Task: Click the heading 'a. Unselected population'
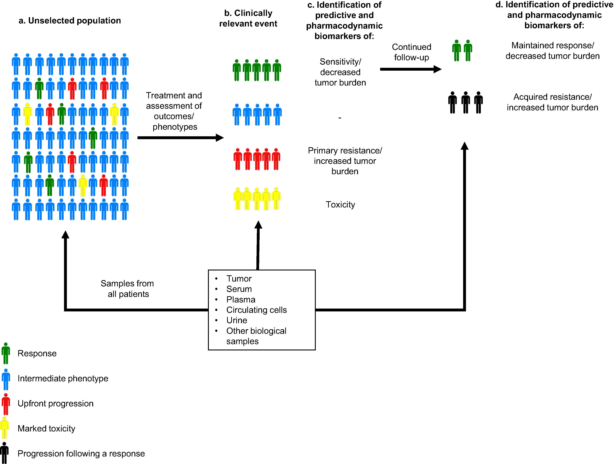tap(70, 21)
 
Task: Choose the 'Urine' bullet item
tap(237, 320)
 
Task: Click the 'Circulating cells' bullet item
tap(256, 310)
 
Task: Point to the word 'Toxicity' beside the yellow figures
tap(340, 205)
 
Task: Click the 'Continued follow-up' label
tap(412, 52)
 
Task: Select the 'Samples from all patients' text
tap(127, 289)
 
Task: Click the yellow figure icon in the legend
tap(4, 428)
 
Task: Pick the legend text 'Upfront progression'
tap(55, 404)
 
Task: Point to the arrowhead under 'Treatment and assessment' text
tap(220, 138)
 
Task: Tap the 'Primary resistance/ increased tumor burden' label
tap(345, 161)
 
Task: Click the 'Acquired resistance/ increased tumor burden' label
tap(553, 102)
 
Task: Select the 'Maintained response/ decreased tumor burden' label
tap(553, 51)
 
